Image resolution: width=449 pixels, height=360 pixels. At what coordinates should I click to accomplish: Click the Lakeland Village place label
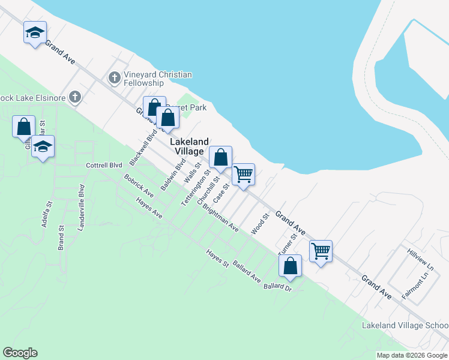[x=190, y=146]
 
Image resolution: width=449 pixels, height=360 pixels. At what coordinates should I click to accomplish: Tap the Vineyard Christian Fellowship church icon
[x=114, y=77]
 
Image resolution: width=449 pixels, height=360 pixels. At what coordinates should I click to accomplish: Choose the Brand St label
[x=61, y=238]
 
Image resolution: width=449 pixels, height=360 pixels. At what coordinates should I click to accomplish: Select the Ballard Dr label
[x=277, y=287]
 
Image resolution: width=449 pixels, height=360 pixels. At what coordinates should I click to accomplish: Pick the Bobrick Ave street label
[x=139, y=187]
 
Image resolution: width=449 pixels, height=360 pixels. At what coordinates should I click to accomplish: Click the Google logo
[x=20, y=353]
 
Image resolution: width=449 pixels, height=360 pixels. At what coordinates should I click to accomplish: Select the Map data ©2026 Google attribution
[x=412, y=355]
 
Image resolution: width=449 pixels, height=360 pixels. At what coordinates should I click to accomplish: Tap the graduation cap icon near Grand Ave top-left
[x=35, y=32]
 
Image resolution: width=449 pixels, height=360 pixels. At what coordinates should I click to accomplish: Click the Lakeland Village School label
[x=405, y=325]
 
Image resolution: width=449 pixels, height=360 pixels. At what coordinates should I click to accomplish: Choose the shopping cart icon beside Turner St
[x=321, y=251]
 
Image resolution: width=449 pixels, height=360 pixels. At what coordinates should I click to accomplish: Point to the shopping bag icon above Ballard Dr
[x=290, y=266]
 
